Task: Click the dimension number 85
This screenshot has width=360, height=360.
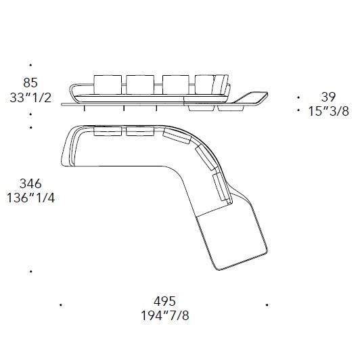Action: tap(30, 83)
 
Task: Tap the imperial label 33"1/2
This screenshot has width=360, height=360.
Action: tap(30, 98)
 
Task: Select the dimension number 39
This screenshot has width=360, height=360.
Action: tap(328, 97)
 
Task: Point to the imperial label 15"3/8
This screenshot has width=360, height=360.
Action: tap(328, 112)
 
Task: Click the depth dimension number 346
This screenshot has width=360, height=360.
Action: tap(30, 183)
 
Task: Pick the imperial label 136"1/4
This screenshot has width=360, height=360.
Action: tap(30, 198)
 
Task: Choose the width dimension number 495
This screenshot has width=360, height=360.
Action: tap(164, 301)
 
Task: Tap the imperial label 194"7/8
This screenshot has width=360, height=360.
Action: tap(165, 316)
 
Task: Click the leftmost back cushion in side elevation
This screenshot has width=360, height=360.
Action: tap(108, 85)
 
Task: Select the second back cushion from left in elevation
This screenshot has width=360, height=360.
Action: tap(140, 85)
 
